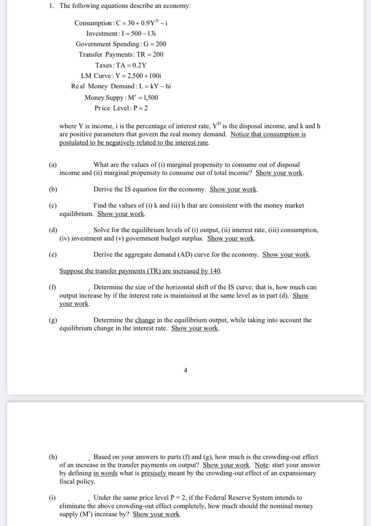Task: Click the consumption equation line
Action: pyautogui.click(x=121, y=23)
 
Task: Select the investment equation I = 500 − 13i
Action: pyautogui.click(x=121, y=33)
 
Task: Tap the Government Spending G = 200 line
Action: pyautogui.click(x=121, y=44)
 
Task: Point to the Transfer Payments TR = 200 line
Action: pyautogui.click(x=121, y=54)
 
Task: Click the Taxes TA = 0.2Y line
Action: pyautogui.click(x=121, y=65)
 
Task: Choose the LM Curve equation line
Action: pyautogui.click(x=121, y=76)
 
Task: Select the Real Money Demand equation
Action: pyautogui.click(x=121, y=86)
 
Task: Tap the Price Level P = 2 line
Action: pyautogui.click(x=121, y=108)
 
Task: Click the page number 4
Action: pyautogui.click(x=185, y=370)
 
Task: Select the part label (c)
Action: pyautogui.click(x=53, y=205)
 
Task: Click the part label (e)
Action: pyautogui.click(x=53, y=255)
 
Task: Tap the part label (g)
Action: pyautogui.click(x=53, y=320)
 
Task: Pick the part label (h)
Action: pyautogui.click(x=53, y=457)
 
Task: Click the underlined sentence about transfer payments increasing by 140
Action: pyautogui.click(x=140, y=271)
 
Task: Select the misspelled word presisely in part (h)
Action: pyautogui.click(x=155, y=473)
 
